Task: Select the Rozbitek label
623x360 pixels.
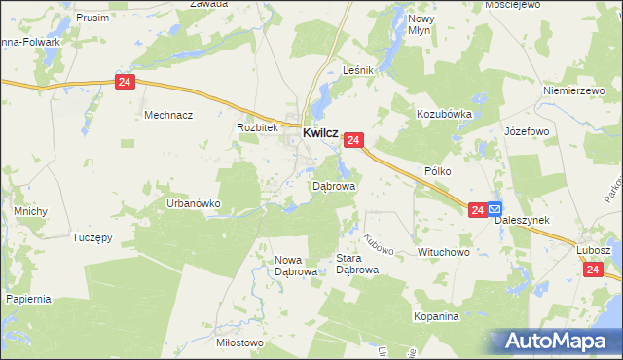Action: (258, 127)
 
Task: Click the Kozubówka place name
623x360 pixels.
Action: (444, 114)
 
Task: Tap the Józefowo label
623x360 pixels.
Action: (527, 130)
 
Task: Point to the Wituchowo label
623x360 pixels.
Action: (444, 252)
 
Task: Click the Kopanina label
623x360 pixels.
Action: (435, 318)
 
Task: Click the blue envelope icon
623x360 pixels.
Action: (495, 209)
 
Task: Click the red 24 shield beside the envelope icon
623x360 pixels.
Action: (477, 209)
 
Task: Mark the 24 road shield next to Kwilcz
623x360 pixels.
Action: (353, 141)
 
